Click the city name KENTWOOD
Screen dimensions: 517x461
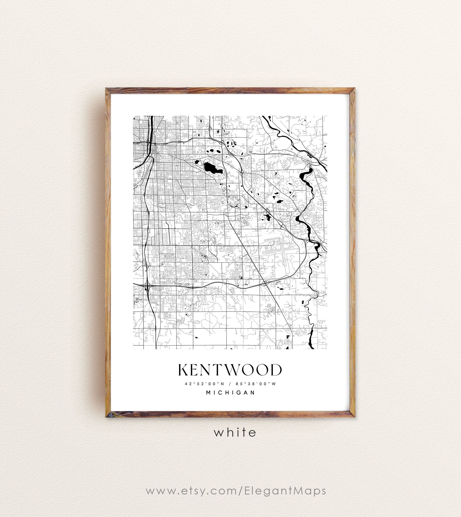[230, 370]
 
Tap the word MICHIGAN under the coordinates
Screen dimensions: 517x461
[230, 393]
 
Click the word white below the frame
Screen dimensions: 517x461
[235, 432]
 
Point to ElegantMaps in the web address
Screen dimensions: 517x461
[285, 491]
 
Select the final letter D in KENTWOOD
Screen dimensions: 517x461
[277, 370]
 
